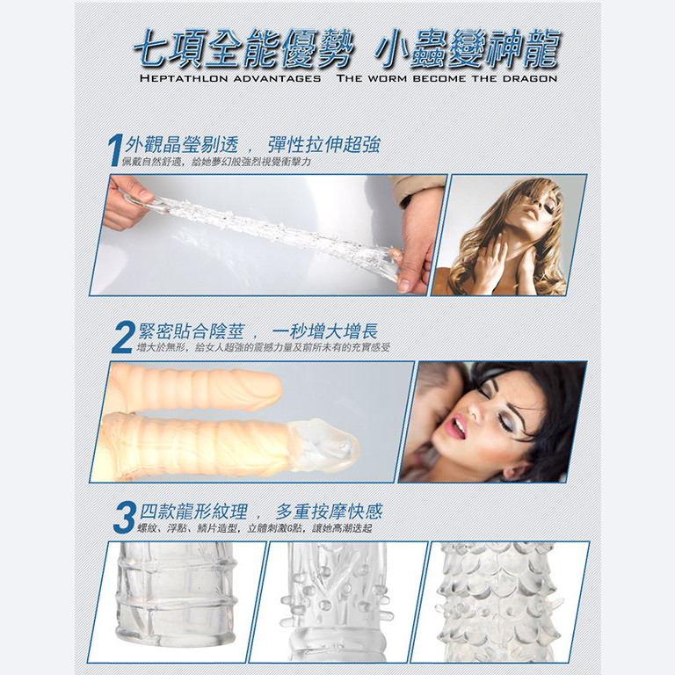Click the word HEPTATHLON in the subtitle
[184, 79]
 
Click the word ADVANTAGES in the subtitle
[277, 79]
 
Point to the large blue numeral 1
[114, 149]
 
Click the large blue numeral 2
[124, 337]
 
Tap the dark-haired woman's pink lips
[457, 426]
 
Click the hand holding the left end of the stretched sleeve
[126, 202]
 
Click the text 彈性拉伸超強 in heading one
[324, 144]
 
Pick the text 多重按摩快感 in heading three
[329, 512]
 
